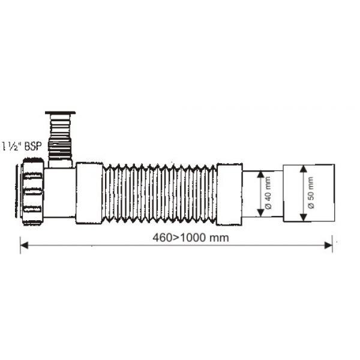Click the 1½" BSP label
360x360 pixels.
[22, 146]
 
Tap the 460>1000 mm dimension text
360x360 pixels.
[191, 238]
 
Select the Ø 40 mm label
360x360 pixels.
[268, 193]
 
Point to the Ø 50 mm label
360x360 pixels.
[311, 193]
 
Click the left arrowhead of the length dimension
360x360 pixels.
[24, 245]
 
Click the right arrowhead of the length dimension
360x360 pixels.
[328, 245]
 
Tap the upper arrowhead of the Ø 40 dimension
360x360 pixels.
[260, 175]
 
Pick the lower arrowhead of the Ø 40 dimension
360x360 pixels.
[260, 212]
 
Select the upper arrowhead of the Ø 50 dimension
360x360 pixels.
[304, 169]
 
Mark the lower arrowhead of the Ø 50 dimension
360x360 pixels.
[304, 217]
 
